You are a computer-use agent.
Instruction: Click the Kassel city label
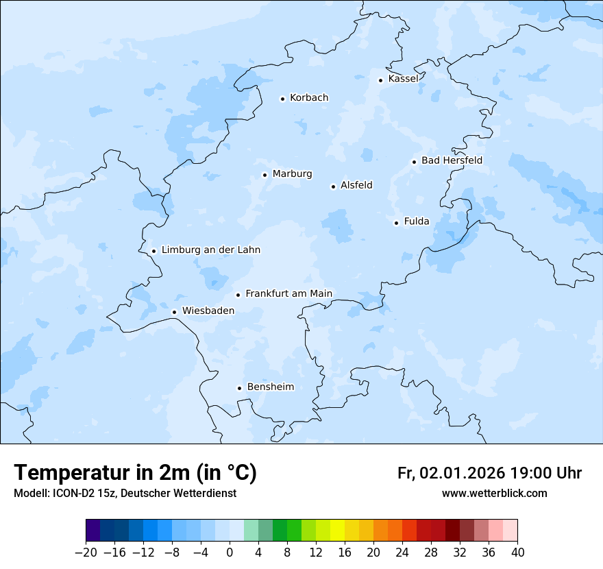403,79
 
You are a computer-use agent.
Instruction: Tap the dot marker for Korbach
282,99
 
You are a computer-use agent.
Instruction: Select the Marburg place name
292,174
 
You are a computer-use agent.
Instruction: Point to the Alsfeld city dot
333,186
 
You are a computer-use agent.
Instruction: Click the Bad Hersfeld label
452,160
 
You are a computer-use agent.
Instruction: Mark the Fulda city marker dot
396,223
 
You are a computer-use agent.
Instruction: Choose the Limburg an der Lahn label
210,250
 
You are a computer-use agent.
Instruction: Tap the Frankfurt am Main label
288,293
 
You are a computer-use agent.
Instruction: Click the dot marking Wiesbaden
174,312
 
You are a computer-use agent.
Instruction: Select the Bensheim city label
270,387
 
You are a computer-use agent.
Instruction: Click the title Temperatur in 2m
135,473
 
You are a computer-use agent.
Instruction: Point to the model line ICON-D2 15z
125,494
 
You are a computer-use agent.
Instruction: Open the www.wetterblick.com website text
494,494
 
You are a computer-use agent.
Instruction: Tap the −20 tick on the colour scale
86,553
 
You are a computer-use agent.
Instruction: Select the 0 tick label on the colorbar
230,553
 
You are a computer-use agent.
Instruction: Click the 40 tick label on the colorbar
517,553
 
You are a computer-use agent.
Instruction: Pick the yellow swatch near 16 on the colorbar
337,531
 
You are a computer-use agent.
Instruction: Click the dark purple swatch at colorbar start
93,531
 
